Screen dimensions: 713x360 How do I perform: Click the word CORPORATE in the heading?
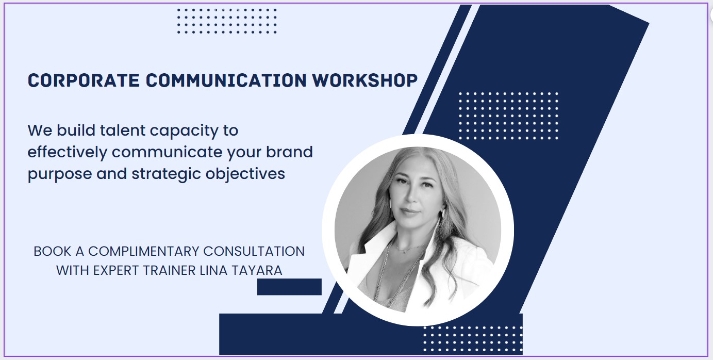pyautogui.click(x=84, y=80)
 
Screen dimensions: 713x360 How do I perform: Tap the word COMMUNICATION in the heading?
pyautogui.click(x=226, y=80)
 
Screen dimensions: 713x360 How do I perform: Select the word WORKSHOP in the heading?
pyautogui.click(x=365, y=80)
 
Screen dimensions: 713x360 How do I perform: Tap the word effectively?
pyautogui.click(x=67, y=153)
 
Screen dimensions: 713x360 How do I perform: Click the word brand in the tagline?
pyautogui.click(x=289, y=152)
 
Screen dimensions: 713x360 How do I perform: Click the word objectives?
pyautogui.click(x=245, y=174)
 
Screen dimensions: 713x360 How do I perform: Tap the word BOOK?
pyautogui.click(x=52, y=252)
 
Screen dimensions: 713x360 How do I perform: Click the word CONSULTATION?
pyautogui.click(x=254, y=252)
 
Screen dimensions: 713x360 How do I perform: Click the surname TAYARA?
pyautogui.click(x=257, y=271)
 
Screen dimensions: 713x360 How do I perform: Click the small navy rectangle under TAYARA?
pyautogui.click(x=289, y=287)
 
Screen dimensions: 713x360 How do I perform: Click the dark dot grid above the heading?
pyautogui.click(x=227, y=21)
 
